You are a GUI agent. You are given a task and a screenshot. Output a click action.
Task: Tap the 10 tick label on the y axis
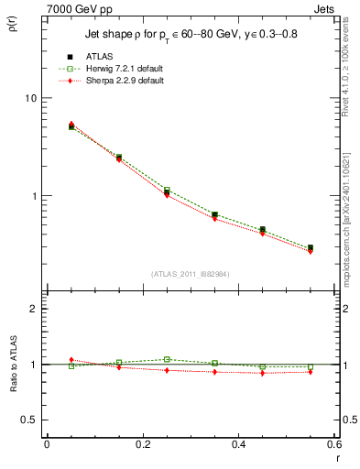[x=29, y=98]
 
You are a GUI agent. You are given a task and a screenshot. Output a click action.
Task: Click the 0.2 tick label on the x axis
[x=142, y=444]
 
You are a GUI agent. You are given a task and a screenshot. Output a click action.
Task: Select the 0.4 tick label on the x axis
[x=238, y=444]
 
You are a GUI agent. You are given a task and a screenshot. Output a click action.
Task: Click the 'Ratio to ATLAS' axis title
[x=12, y=365]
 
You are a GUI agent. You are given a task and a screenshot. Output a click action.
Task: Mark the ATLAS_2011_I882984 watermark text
[x=191, y=274]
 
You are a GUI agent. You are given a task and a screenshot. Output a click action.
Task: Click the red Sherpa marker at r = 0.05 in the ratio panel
[x=71, y=360]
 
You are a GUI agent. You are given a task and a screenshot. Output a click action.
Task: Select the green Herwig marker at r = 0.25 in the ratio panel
[x=167, y=359]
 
